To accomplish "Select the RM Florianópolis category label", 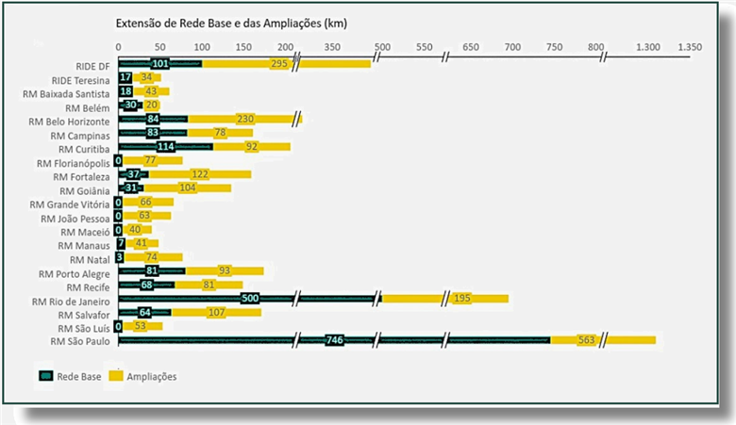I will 74,162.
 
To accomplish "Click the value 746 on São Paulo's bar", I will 333,340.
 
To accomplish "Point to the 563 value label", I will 586,340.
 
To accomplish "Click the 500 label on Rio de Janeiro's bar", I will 250,299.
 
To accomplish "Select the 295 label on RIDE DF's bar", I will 279,64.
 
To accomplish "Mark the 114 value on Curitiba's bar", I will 165,147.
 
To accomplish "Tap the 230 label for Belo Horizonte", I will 245,120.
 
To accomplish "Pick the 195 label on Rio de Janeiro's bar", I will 461,299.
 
